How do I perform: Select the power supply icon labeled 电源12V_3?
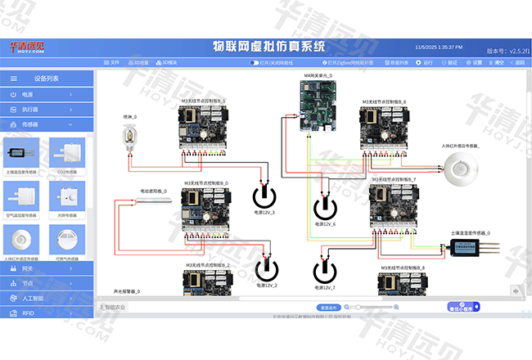click(x=264, y=196)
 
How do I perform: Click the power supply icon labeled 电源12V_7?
click(x=325, y=271)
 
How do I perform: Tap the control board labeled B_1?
click(x=203, y=128)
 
